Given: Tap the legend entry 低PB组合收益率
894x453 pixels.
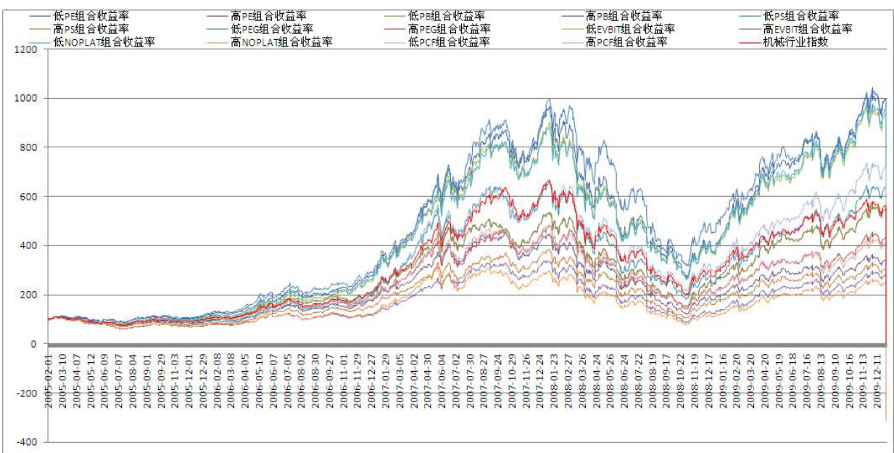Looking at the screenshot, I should coord(447,15).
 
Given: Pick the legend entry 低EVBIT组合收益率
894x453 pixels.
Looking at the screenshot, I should coord(630,29).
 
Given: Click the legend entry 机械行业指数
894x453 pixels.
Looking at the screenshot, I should coord(795,42).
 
